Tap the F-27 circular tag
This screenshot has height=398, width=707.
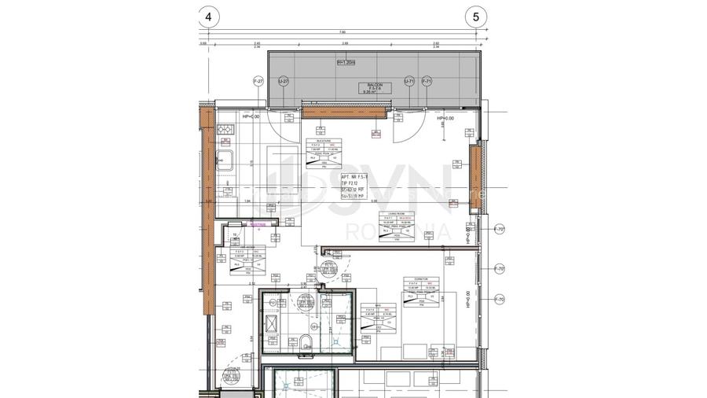258,81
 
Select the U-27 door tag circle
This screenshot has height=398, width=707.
284,81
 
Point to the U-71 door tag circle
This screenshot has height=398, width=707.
409,81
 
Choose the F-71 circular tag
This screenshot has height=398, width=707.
427,81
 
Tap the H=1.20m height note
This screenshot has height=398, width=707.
346,61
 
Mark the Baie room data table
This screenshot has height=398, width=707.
375,317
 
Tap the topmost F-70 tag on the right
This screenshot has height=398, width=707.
499,230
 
